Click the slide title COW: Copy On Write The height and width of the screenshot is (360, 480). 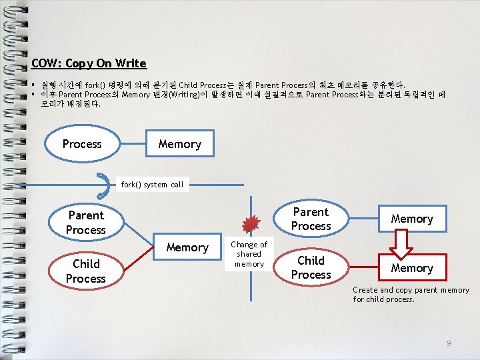(x=89, y=63)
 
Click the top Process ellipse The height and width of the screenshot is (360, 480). (x=82, y=144)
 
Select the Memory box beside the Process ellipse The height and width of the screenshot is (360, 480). (x=179, y=144)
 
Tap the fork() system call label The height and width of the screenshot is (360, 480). (x=152, y=185)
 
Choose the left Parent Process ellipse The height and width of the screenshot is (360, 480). (x=86, y=223)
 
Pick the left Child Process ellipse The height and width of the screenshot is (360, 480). (x=86, y=271)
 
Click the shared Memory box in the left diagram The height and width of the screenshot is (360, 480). (x=187, y=247)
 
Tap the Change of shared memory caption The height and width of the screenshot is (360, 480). (x=249, y=254)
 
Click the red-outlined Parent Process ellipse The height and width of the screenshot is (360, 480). (x=311, y=219)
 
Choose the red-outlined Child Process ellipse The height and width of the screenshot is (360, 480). (x=311, y=267)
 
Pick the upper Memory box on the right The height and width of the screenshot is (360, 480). (x=412, y=219)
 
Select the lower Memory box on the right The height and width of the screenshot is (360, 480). (x=412, y=268)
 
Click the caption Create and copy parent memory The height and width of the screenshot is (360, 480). (x=411, y=295)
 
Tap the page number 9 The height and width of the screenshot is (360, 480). (x=449, y=343)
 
